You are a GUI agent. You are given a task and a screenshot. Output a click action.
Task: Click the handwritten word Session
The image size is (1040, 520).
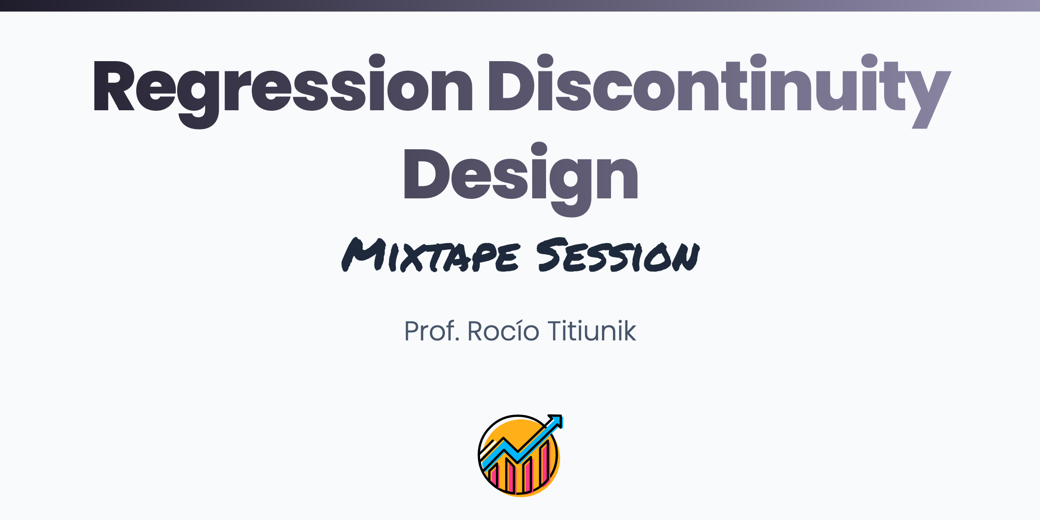pos(618,255)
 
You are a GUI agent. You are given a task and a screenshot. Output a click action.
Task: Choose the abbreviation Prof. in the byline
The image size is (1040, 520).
pos(431,331)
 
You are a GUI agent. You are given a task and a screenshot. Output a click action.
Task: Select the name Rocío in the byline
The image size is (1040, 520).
pos(503,331)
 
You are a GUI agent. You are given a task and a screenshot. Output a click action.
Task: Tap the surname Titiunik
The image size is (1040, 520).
pos(592,331)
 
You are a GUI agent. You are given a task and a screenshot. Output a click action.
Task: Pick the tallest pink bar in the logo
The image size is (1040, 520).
pos(545,463)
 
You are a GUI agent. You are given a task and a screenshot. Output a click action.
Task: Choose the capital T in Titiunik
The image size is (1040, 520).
pos(557,331)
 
